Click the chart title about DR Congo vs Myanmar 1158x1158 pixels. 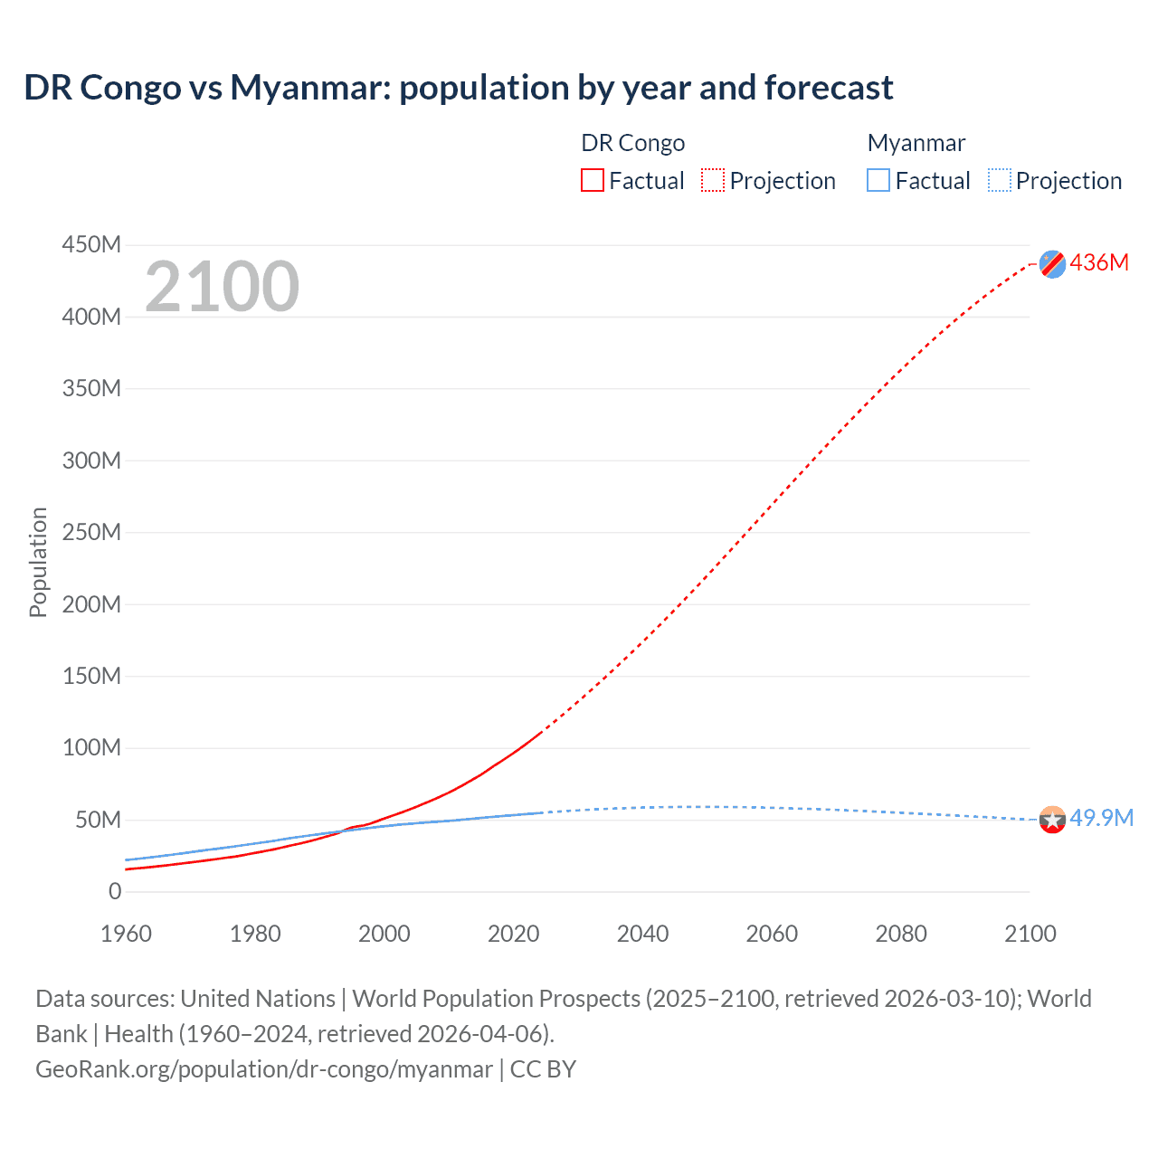coord(459,88)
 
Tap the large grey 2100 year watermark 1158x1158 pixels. coord(222,287)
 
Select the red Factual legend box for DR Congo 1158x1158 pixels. coord(592,181)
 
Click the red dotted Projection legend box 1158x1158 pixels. coord(713,181)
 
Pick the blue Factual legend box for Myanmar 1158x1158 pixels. coord(878,181)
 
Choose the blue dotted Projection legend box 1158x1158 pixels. coord(999,181)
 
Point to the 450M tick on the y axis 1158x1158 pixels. coord(91,245)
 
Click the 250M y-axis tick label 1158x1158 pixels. coord(91,533)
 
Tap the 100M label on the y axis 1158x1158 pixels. coord(91,748)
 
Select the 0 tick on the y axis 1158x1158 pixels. coord(115,892)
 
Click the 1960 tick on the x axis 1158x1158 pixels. coord(126,934)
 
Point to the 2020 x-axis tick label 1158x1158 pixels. coord(513,934)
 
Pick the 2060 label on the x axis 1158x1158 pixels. coord(772,934)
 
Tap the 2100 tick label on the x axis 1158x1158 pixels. coord(1030,934)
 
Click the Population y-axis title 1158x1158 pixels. coord(38,563)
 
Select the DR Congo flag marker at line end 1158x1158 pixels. coord(1052,264)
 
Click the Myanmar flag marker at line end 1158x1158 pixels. coord(1052,820)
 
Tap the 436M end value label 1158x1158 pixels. coord(1099,263)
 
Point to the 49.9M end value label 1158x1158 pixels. coord(1101,819)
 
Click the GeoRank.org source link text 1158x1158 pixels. coord(264,1069)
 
